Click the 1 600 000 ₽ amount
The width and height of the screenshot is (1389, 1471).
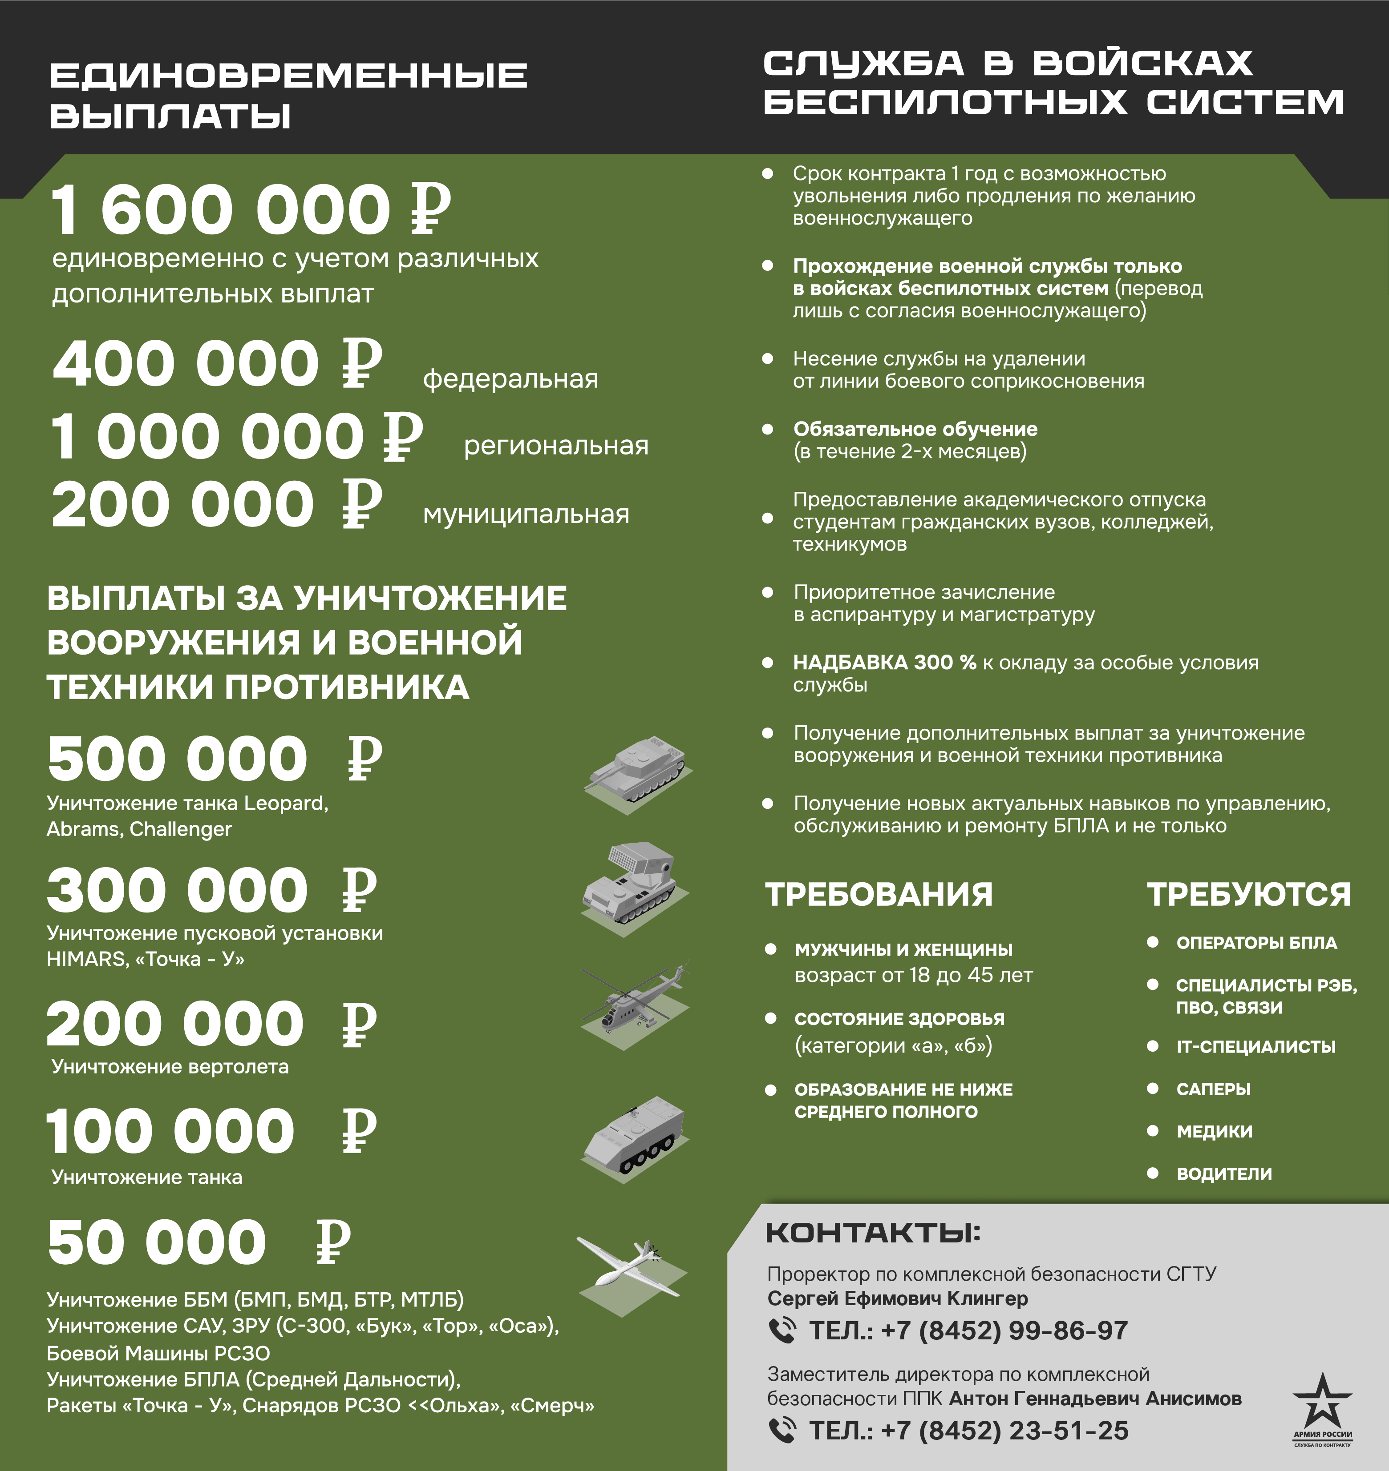pyautogui.click(x=250, y=209)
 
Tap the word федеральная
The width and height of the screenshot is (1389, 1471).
pyautogui.click(x=510, y=379)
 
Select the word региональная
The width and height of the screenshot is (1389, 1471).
pyautogui.click(x=556, y=446)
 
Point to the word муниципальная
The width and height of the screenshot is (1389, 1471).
pyautogui.click(x=526, y=514)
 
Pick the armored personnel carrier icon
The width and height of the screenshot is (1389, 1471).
pyautogui.click(x=635, y=1136)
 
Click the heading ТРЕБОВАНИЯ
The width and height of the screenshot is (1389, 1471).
pyautogui.click(x=879, y=895)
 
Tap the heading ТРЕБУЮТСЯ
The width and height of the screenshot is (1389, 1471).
pyautogui.click(x=1249, y=895)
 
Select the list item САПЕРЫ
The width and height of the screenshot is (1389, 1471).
pyautogui.click(x=1213, y=1089)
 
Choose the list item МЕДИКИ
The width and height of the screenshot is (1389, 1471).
pyautogui.click(x=1214, y=1131)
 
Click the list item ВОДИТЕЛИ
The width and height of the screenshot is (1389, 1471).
pyautogui.click(x=1224, y=1174)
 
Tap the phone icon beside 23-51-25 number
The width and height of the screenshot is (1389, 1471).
pyautogui.click(x=782, y=1430)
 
